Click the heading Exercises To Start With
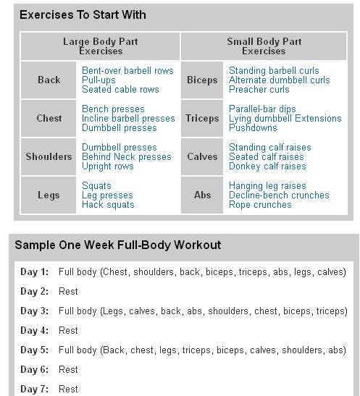coord(83,14)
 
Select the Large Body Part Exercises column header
coord(101,46)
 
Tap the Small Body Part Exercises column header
coord(264,46)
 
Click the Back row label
coord(49,80)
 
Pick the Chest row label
coord(49,118)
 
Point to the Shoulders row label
coord(49,156)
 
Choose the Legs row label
coord(49,195)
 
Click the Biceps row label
coord(202,80)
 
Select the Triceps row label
coord(202,118)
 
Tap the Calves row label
coord(202,156)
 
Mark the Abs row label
coord(202,195)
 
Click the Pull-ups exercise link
coord(99,80)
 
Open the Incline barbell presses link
coord(128,119)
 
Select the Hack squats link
coord(108,205)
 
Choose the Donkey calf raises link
coord(267,167)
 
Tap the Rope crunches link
coord(260,205)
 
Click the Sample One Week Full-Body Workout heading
coord(118,245)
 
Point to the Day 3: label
coord(35,311)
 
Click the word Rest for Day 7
coord(68,389)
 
